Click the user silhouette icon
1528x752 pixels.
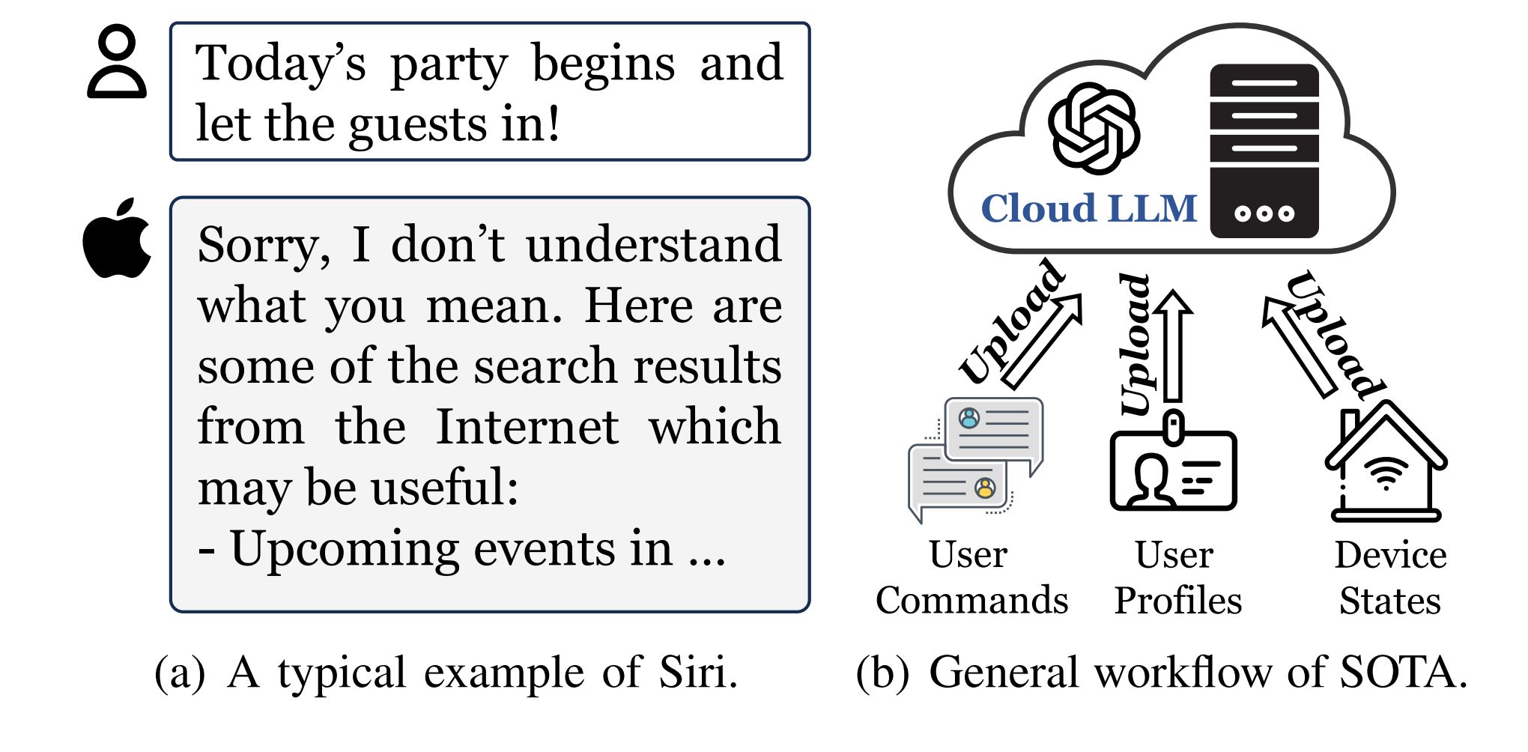coord(118,64)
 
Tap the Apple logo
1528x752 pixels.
coord(117,238)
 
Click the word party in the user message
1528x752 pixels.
coord(449,66)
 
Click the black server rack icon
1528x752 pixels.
coord(1264,151)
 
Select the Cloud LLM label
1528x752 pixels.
coord(1089,208)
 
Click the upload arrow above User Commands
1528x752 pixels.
coord(1043,341)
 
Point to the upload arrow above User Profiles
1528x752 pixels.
coord(1173,345)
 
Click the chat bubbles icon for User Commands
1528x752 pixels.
coord(975,458)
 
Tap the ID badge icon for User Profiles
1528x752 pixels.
coord(1173,462)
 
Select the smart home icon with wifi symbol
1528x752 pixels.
coord(1386,461)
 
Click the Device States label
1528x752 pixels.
coord(1390,577)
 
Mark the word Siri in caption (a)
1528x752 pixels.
coord(698,672)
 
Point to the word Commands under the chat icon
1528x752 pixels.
coord(972,601)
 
